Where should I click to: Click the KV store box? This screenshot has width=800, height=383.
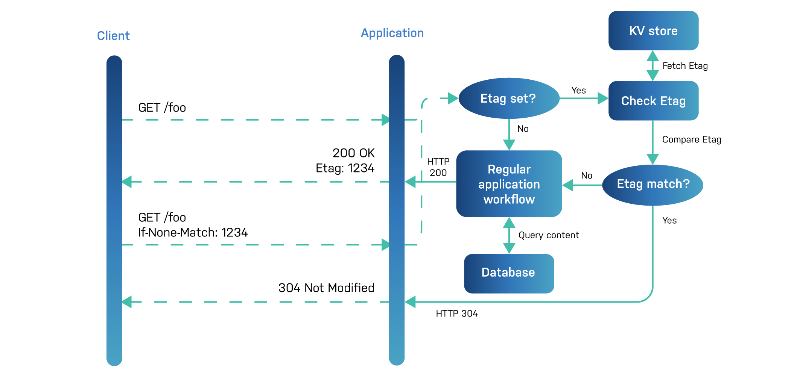[x=653, y=31]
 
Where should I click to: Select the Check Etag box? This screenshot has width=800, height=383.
[x=653, y=101]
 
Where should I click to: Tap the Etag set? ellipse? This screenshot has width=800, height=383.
[x=509, y=98]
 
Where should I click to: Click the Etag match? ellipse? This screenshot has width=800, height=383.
[x=652, y=184]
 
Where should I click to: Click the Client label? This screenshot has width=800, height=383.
[x=113, y=36]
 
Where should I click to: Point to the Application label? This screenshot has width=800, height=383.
[x=392, y=33]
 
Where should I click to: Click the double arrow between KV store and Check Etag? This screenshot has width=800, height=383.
[x=652, y=66]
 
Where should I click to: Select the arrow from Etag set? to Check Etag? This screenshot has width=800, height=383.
[x=583, y=98]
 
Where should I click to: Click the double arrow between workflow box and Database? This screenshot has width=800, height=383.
[x=509, y=236]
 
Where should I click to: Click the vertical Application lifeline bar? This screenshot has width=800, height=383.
[x=397, y=210]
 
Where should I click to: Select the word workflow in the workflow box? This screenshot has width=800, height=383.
[x=509, y=200]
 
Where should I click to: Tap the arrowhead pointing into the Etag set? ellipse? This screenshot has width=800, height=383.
[x=453, y=98]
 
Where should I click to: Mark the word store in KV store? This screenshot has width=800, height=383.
[x=663, y=31]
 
